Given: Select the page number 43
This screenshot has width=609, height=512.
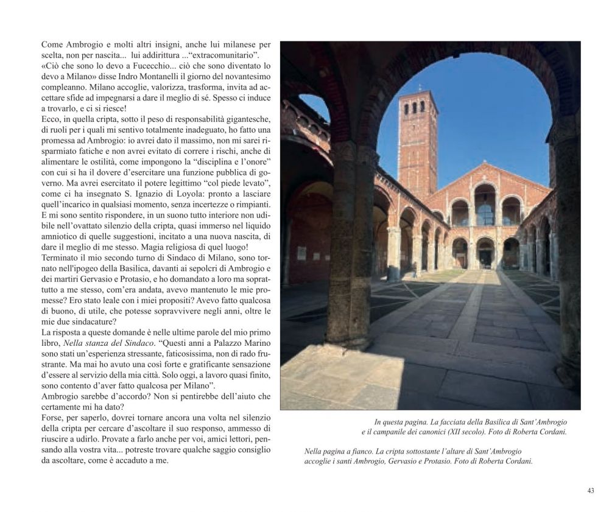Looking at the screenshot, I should (x=590, y=491).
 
